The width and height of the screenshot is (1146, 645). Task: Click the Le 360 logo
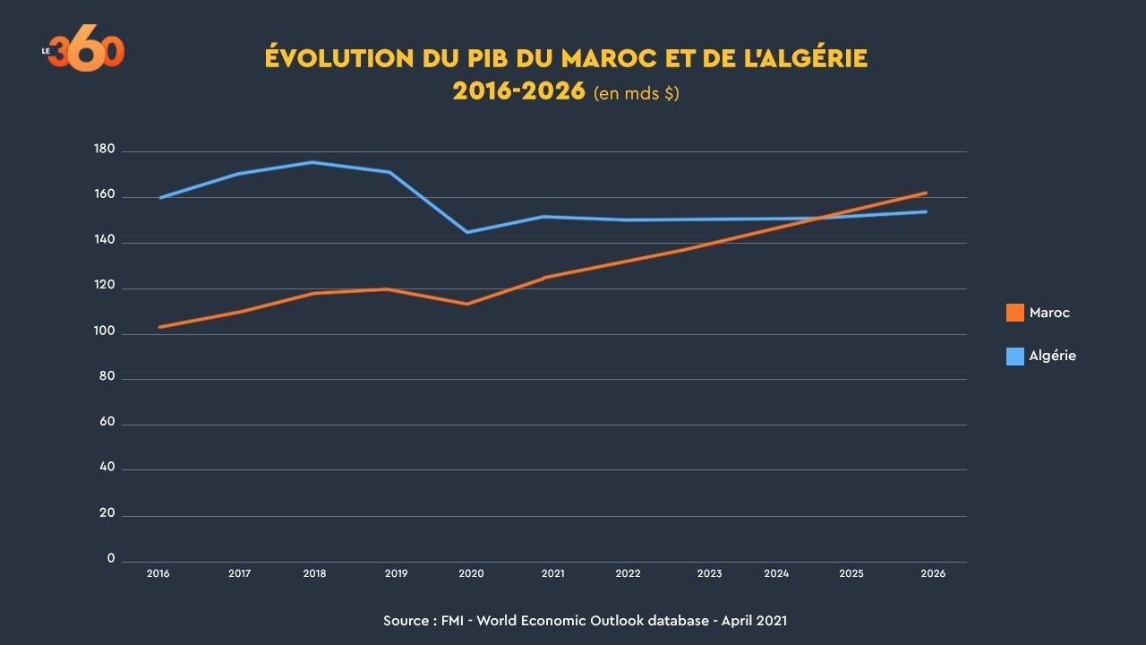[x=84, y=52]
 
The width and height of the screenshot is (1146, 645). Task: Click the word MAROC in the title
[x=605, y=59]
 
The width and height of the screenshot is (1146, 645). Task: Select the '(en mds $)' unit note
[x=637, y=93]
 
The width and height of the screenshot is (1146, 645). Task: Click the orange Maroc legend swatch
[x=1015, y=313]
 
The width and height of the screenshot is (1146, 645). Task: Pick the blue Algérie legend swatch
[x=1015, y=356]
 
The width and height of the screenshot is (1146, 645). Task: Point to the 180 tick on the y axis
[x=105, y=150]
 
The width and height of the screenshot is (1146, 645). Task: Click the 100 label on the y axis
[x=105, y=331]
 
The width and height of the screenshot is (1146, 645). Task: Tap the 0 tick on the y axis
[x=111, y=559]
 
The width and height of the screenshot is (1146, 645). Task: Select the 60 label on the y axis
[x=107, y=422]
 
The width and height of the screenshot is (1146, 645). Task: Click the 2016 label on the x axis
[x=158, y=573]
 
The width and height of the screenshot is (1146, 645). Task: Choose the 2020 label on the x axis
[x=471, y=573]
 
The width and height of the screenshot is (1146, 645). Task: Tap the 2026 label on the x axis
[x=932, y=573]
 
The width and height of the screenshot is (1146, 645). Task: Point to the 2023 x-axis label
[x=709, y=573]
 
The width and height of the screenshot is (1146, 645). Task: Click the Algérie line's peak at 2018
[x=312, y=162]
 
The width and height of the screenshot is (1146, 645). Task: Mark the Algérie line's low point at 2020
[x=466, y=232]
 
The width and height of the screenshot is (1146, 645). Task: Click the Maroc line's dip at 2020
[x=466, y=304]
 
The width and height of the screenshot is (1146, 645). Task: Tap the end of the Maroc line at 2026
[x=926, y=193]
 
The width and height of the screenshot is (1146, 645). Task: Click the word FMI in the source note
[x=452, y=620]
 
